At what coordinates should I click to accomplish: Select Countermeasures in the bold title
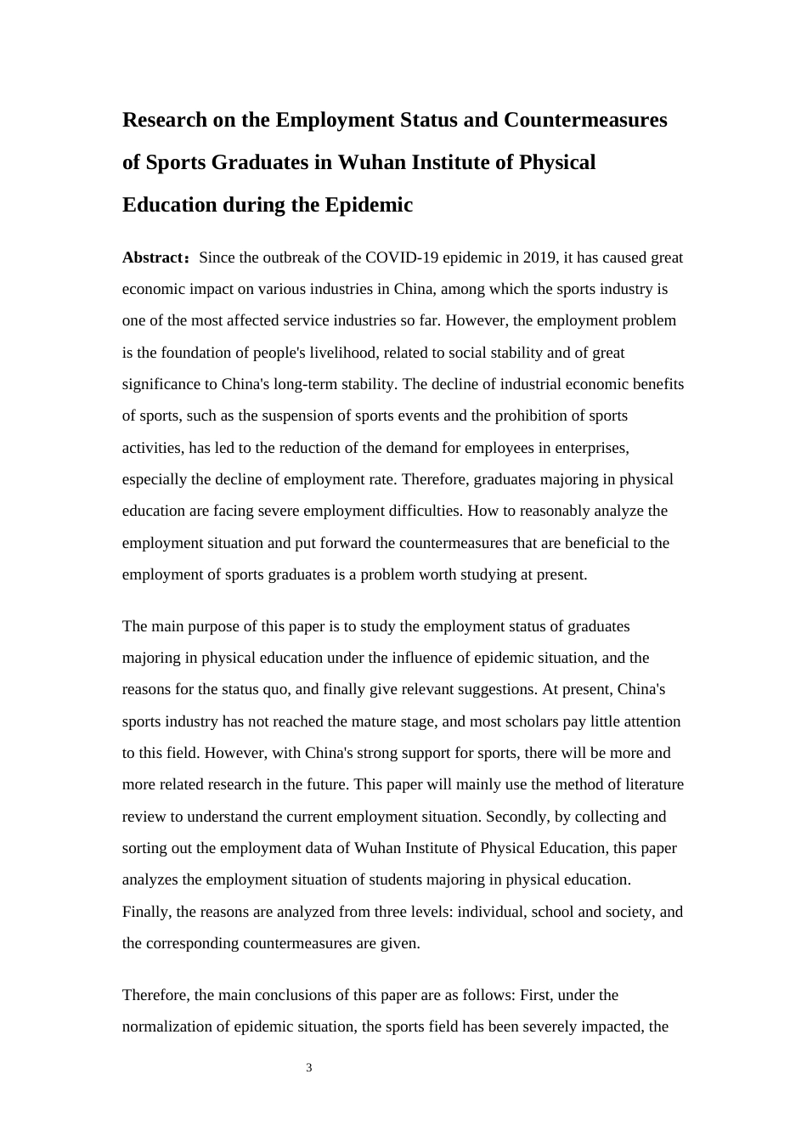click(585, 120)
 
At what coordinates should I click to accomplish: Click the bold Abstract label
click(154, 257)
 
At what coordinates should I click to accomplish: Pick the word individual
click(491, 912)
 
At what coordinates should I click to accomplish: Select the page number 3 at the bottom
click(309, 1068)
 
